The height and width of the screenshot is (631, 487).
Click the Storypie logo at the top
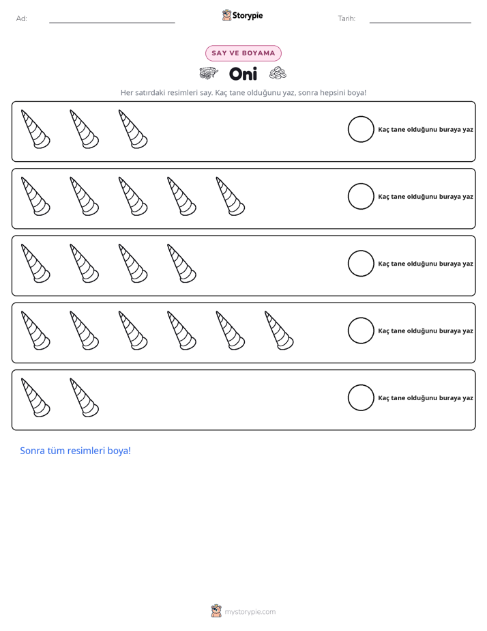242,15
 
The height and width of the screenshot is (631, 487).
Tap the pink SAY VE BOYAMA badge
243,53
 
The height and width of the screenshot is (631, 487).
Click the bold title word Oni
243,74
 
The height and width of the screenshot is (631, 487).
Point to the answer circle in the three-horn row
361,129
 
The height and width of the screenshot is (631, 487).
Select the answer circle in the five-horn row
361,197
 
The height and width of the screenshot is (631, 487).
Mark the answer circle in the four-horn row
361,264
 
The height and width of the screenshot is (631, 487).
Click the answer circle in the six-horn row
361,331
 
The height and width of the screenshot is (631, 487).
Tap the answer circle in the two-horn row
361,397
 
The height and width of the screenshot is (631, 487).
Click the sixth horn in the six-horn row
279,331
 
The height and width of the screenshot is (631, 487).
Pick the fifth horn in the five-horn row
231,197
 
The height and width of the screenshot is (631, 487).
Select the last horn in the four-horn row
181,263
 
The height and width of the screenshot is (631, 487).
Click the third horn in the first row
133,129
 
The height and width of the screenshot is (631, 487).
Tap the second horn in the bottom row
85,397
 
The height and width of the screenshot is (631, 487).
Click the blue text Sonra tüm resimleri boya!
76,451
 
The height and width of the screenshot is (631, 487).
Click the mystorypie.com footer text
250,612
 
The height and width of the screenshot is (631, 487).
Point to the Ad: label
22,18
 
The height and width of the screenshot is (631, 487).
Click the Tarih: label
346,18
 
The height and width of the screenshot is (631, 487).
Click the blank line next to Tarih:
420,23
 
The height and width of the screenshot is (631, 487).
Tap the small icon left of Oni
209,73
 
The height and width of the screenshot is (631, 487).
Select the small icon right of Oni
278,73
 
